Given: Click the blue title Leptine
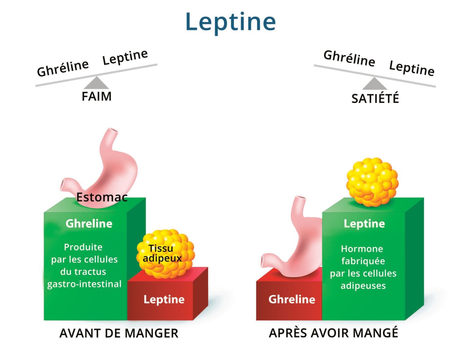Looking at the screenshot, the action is click(231, 23).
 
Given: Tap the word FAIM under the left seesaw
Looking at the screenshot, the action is click(96, 96).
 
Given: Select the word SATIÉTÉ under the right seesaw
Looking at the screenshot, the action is click(375, 98).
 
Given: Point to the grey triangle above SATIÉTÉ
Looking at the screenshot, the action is click(375, 84).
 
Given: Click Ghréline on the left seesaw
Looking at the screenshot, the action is click(63, 68).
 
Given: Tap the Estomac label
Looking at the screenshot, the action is click(102, 197).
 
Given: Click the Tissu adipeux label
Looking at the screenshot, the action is click(162, 253).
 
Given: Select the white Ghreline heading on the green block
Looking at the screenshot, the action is click(89, 224).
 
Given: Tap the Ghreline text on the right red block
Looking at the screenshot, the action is click(292, 299).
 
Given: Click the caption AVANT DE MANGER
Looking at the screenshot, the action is click(119, 333).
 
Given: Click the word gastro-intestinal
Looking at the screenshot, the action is click(84, 284).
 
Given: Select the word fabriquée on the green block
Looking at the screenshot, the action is click(363, 261).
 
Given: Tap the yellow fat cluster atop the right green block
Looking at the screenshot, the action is click(372, 182).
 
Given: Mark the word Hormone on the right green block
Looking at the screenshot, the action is click(362, 249).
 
